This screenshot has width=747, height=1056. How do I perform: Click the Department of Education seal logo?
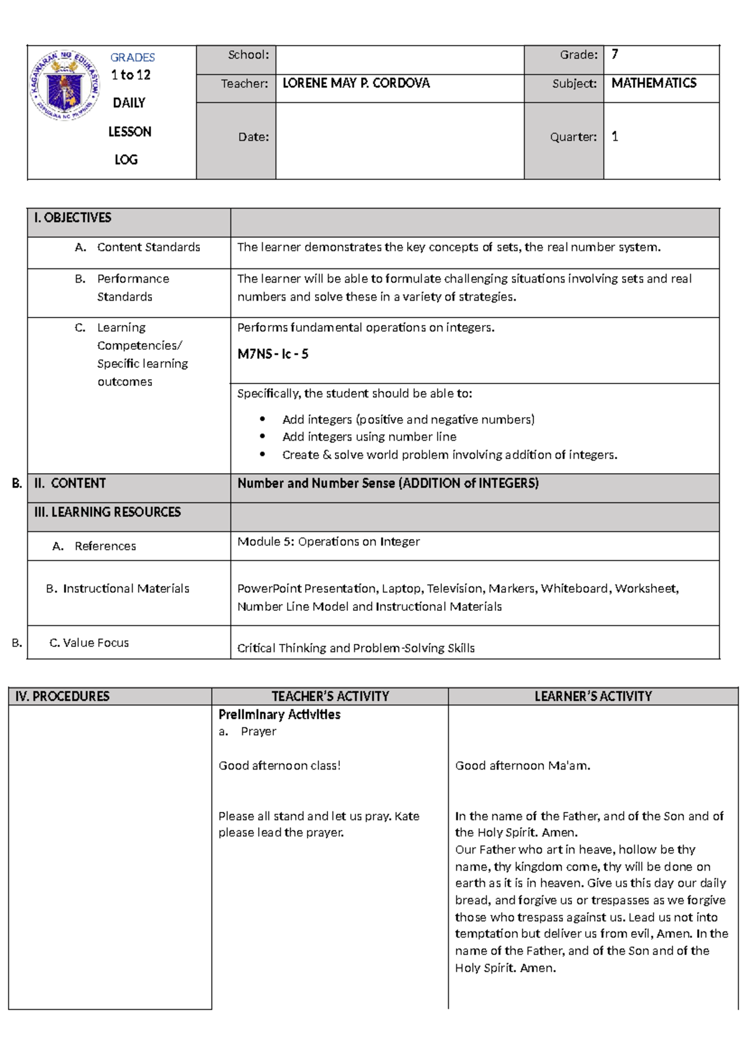tap(65, 85)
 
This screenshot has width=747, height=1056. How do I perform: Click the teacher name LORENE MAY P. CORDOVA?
tap(355, 83)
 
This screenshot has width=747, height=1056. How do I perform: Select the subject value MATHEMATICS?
tap(653, 83)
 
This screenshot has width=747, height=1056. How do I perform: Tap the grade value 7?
tap(614, 55)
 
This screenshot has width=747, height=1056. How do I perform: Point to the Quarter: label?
tap(573, 137)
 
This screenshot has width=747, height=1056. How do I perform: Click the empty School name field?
tap(399, 60)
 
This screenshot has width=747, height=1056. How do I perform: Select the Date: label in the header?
tap(253, 137)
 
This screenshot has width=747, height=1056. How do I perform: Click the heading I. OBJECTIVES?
tap(73, 218)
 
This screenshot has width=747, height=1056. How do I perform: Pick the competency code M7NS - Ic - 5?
tap(273, 354)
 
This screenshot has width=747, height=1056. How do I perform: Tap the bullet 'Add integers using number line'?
tap(369, 437)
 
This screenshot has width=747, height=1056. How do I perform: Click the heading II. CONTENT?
tap(70, 483)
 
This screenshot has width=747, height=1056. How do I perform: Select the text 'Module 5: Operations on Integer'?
tap(328, 542)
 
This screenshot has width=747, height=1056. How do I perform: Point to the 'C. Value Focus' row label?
tap(89, 643)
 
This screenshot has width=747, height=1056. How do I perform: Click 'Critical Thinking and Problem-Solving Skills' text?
tap(355, 648)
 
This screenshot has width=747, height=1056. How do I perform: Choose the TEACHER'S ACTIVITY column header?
tap(330, 696)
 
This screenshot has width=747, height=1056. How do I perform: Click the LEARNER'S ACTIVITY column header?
tap(593, 696)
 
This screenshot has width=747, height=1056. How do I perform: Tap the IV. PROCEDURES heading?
tap(62, 696)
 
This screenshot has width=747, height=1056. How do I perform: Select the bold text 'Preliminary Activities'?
tap(279, 714)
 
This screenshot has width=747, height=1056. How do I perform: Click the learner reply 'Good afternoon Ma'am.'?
tap(522, 766)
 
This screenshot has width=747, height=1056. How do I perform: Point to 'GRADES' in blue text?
tap(132, 57)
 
